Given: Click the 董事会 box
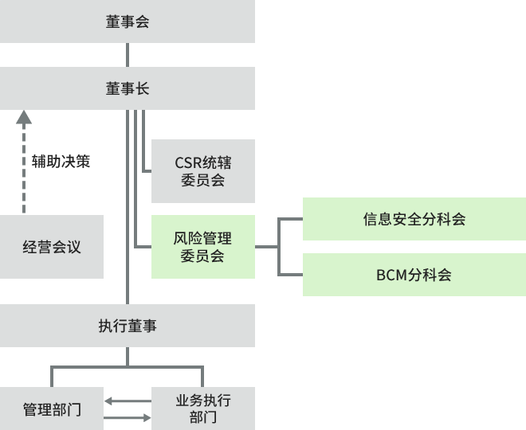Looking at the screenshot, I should coord(128,21).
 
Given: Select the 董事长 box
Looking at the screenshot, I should coord(128,88).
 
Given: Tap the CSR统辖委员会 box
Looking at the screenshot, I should coord(203,171).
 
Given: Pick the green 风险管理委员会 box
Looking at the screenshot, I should coord(203,247).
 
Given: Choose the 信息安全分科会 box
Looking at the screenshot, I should coord(414,219).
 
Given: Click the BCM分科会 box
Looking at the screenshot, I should coord(414,275).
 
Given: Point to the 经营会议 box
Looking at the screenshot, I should coord(52,247).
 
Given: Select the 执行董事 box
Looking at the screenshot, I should coord(128,326).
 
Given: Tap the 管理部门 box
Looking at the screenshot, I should coord(52,409).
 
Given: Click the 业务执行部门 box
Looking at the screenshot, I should coord(203,408).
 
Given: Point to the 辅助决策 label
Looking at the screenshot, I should coord(61,161).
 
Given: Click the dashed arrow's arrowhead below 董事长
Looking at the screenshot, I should coord(24,118).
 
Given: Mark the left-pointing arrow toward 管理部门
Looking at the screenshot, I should coord(112,401).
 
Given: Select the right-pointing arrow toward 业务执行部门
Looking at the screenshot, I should coord(143,417).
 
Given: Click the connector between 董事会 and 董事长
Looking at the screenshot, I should coord(128,55).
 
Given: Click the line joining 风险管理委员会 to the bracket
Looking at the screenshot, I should coord(266,247).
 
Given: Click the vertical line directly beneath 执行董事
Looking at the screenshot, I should coord(128,356).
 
